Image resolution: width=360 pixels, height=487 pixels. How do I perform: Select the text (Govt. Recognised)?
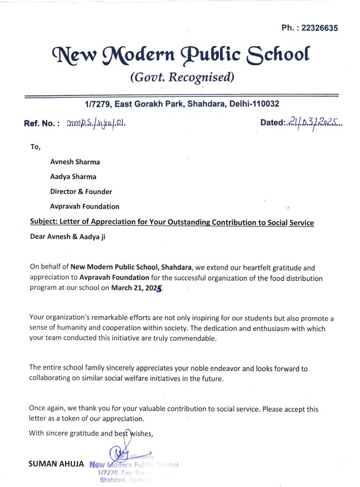pos(182,77)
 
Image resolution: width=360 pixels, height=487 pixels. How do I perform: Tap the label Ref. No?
pos(41,124)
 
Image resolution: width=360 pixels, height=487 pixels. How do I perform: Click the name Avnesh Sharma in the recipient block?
pos(75,162)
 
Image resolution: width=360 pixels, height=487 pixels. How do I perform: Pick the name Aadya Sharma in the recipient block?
pos(73,176)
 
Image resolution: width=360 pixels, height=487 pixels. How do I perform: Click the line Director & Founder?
pos(81,192)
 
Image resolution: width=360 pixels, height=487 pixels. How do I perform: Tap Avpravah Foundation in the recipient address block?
pos(85,206)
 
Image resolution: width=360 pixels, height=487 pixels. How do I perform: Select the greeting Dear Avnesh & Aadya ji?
pos(68,237)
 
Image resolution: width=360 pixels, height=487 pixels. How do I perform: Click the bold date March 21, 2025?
pos(136,288)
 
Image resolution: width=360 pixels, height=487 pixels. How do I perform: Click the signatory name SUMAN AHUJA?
pos(56,463)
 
